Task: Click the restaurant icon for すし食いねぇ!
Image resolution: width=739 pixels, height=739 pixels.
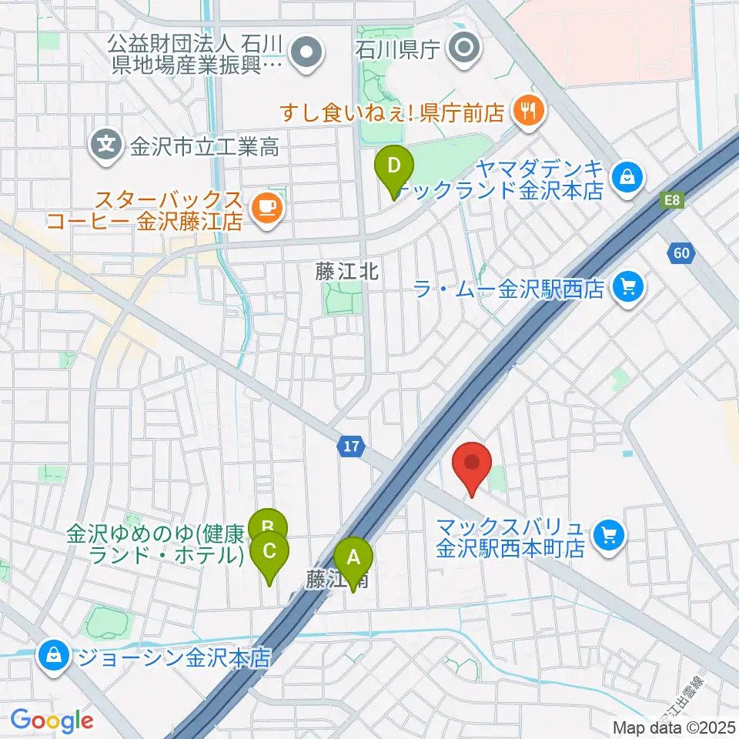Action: click(527, 112)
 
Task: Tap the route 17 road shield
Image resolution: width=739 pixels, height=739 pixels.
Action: click(351, 446)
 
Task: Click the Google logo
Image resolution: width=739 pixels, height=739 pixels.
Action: click(52, 721)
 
